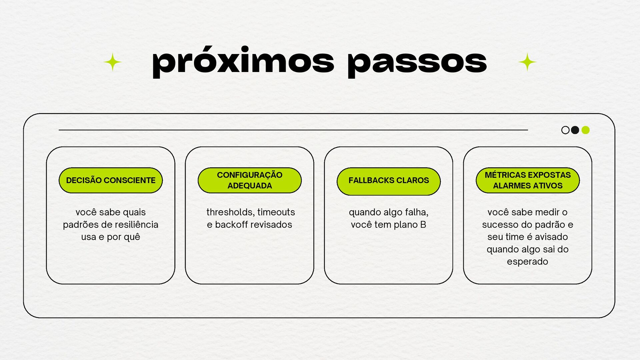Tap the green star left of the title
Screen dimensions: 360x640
[113, 62]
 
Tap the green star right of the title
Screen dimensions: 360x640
[527, 62]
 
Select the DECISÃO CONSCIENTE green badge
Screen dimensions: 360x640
[111, 180]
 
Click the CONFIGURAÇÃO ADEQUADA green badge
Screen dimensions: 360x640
[250, 180]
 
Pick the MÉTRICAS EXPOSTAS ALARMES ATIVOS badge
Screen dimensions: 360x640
[528, 180]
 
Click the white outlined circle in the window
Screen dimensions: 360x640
[565, 130]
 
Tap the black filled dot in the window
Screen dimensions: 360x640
[575, 130]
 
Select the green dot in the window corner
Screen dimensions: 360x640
[585, 130]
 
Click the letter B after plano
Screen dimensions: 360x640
[423, 225]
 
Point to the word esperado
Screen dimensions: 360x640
[527, 262]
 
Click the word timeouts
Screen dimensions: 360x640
[276, 212]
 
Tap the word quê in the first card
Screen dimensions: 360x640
[133, 237]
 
